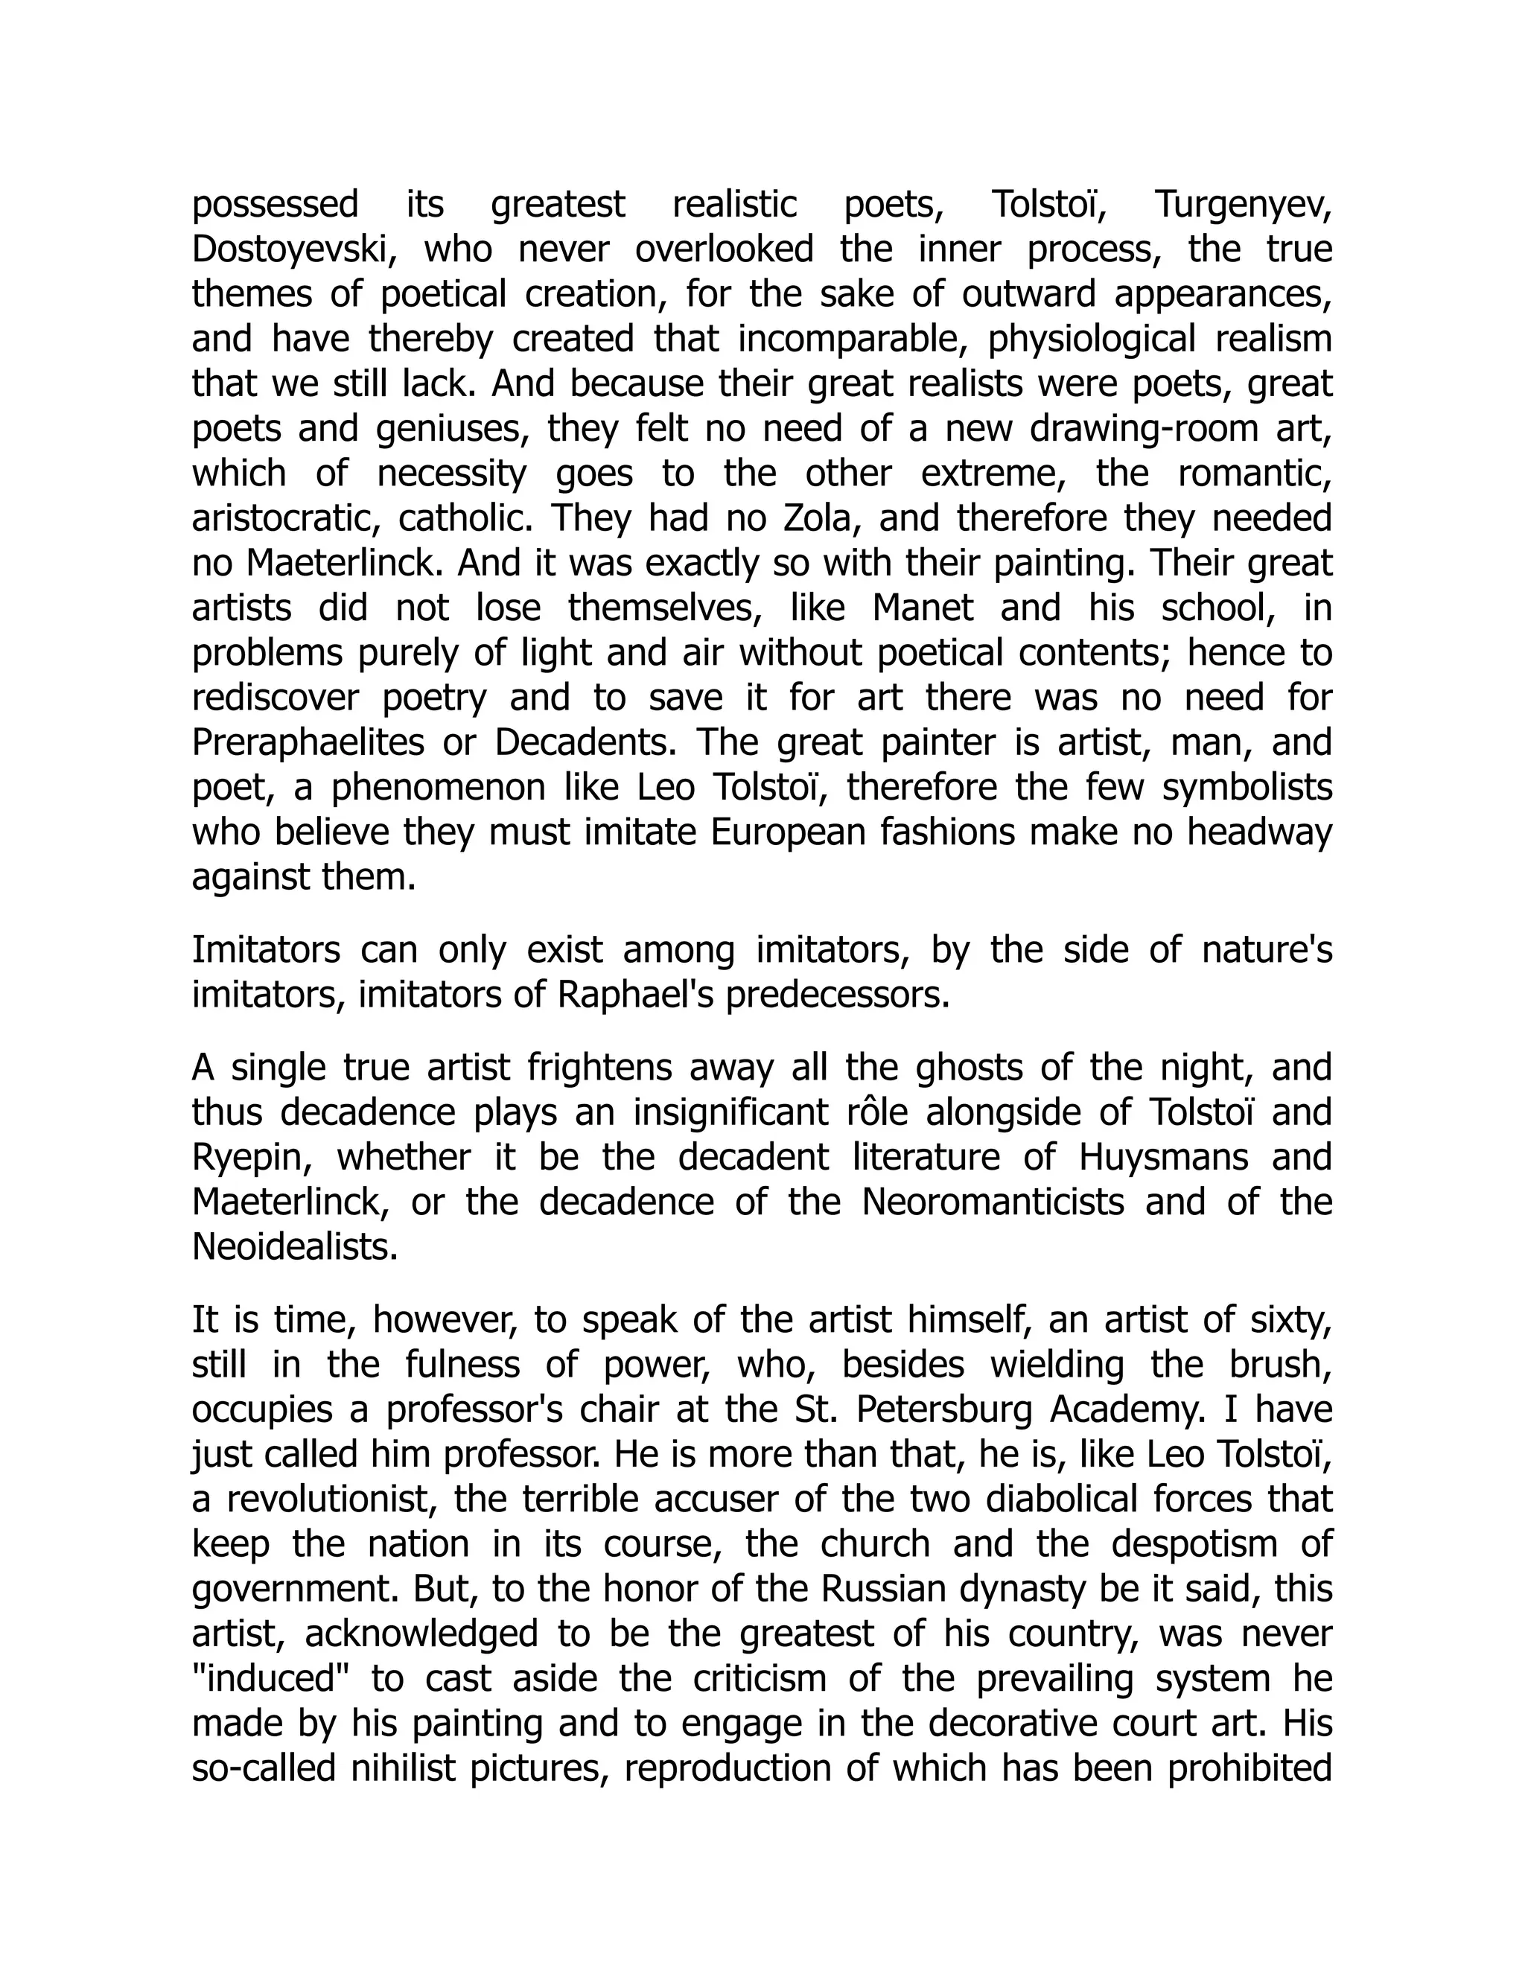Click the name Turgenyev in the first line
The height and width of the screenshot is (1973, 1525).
pyautogui.click(x=1243, y=205)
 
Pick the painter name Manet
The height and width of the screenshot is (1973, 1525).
pyautogui.click(x=923, y=608)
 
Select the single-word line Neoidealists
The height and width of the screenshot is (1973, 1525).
pyautogui.click(x=295, y=1248)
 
